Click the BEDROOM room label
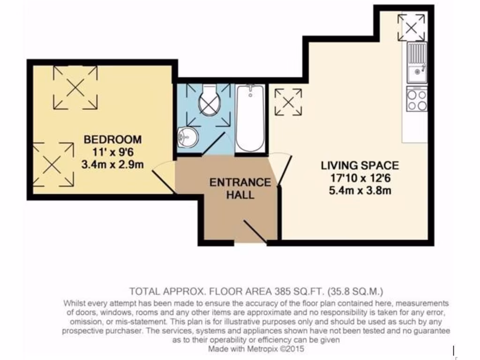(x=112, y=139)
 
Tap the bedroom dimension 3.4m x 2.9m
(x=112, y=164)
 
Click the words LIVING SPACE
(x=360, y=165)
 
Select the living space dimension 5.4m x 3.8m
(x=360, y=190)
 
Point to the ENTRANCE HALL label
(x=240, y=188)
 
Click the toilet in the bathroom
(x=210, y=101)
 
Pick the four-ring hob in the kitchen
(x=417, y=99)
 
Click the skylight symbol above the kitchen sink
(x=411, y=27)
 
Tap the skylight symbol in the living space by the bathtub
(x=288, y=102)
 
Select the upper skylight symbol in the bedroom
(x=75, y=87)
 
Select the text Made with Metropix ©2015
(x=257, y=349)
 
